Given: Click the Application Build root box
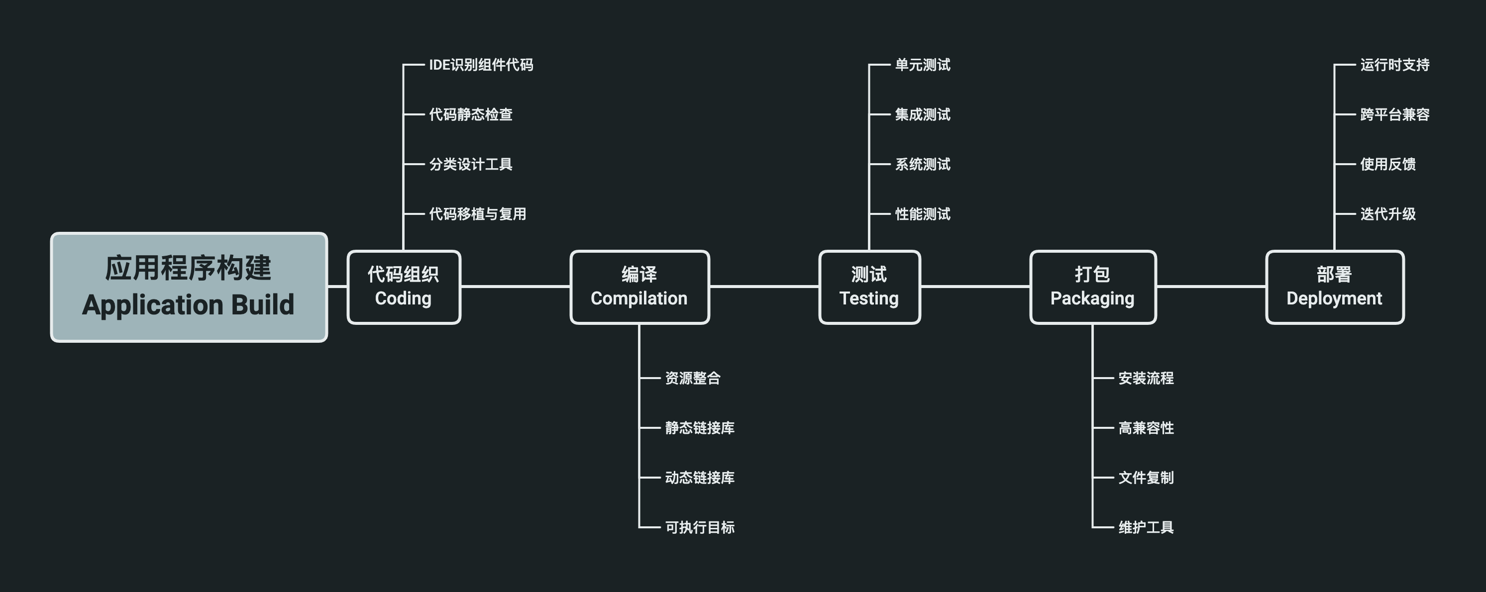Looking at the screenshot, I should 189,287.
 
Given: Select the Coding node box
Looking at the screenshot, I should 403,287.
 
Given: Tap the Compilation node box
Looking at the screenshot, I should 639,287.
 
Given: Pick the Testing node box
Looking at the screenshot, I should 869,287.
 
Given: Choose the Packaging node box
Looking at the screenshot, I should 1092,287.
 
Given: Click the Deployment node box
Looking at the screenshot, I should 1334,287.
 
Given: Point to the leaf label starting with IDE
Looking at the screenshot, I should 481,65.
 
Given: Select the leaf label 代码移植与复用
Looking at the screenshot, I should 477,214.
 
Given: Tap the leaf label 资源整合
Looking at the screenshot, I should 692,378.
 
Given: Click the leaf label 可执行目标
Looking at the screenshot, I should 699,527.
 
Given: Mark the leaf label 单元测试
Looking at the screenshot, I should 922,65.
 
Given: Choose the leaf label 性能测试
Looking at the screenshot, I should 922,214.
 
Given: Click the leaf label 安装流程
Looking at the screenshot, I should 1146,378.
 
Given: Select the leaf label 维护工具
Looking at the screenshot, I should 1146,527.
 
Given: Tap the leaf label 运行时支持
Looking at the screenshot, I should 1394,65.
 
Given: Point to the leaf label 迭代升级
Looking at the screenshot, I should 1387,214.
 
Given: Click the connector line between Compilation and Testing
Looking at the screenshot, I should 764,286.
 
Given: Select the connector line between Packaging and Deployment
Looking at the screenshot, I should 1211,286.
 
